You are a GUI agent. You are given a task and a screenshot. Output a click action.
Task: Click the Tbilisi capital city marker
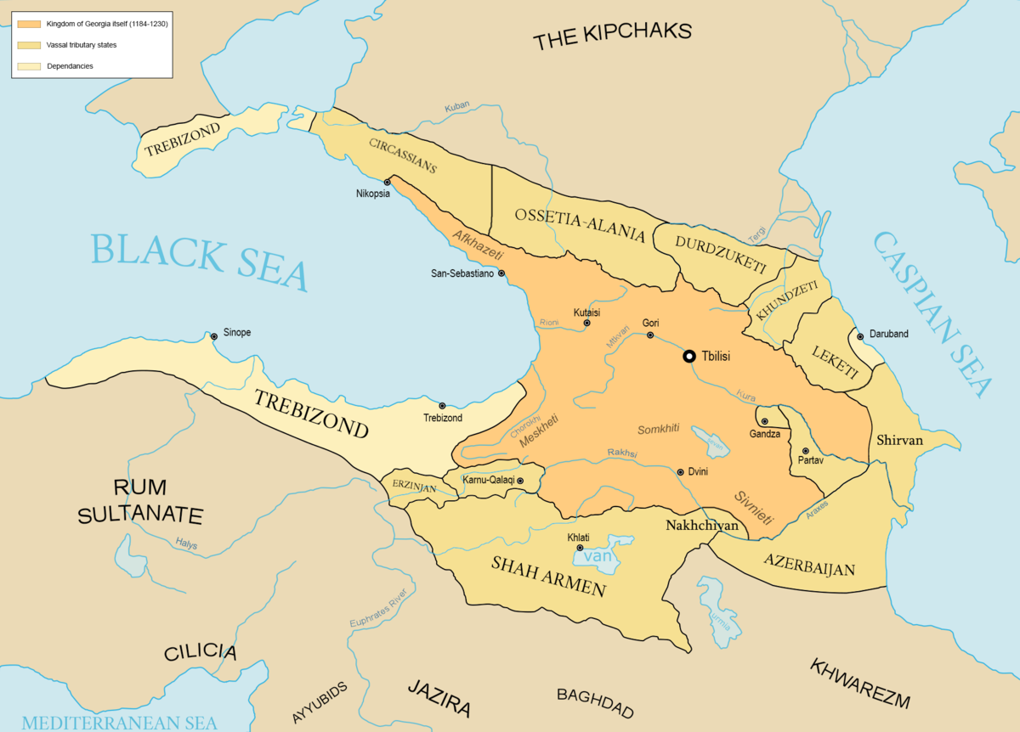(690, 357)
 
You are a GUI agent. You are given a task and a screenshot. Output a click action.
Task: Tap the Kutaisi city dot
(586, 323)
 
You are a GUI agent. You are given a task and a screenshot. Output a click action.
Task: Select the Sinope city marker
(214, 337)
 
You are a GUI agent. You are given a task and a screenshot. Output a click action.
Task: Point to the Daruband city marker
(860, 336)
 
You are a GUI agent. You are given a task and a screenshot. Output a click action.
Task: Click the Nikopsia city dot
(388, 182)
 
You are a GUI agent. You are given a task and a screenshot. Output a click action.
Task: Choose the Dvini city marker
(680, 472)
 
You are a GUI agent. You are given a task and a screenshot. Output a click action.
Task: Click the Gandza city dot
(764, 421)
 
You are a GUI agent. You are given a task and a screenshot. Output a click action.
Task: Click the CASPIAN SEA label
(935, 314)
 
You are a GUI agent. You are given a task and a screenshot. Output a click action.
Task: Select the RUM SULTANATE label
(140, 501)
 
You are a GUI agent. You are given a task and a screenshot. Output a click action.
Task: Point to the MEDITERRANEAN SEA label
(119, 723)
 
